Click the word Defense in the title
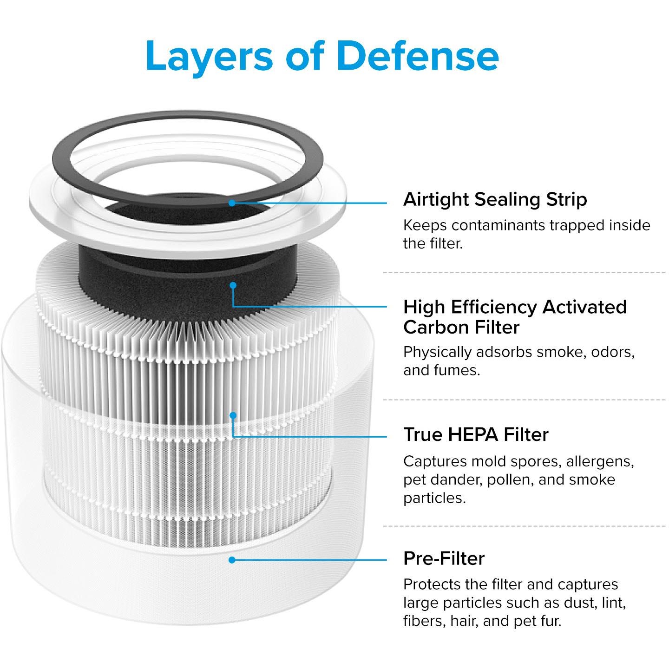click(x=418, y=56)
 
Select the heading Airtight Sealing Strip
click(x=495, y=200)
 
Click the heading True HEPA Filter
click(x=476, y=434)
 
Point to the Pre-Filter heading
click(x=444, y=558)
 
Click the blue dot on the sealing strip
click(x=232, y=203)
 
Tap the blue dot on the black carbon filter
click(x=233, y=285)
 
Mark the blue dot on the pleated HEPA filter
click(x=233, y=415)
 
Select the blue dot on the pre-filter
click(x=232, y=560)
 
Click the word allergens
click(x=600, y=462)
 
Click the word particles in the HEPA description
click(x=434, y=498)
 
